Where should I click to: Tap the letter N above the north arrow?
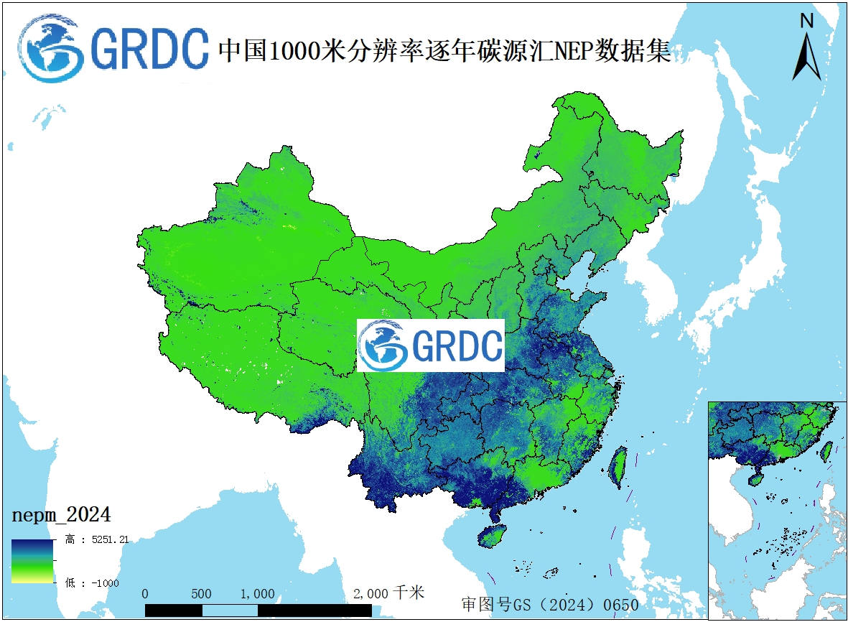click(x=806, y=21)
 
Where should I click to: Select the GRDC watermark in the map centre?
click(x=431, y=345)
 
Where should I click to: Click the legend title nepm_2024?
click(x=61, y=515)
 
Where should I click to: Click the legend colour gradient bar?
click(x=32, y=560)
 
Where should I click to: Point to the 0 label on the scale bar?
click(x=146, y=594)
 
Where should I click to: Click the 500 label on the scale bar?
click(x=202, y=594)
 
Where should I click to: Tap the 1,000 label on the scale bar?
click(x=257, y=594)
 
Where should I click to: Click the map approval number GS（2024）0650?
click(x=550, y=605)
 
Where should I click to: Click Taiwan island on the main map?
click(x=618, y=468)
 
